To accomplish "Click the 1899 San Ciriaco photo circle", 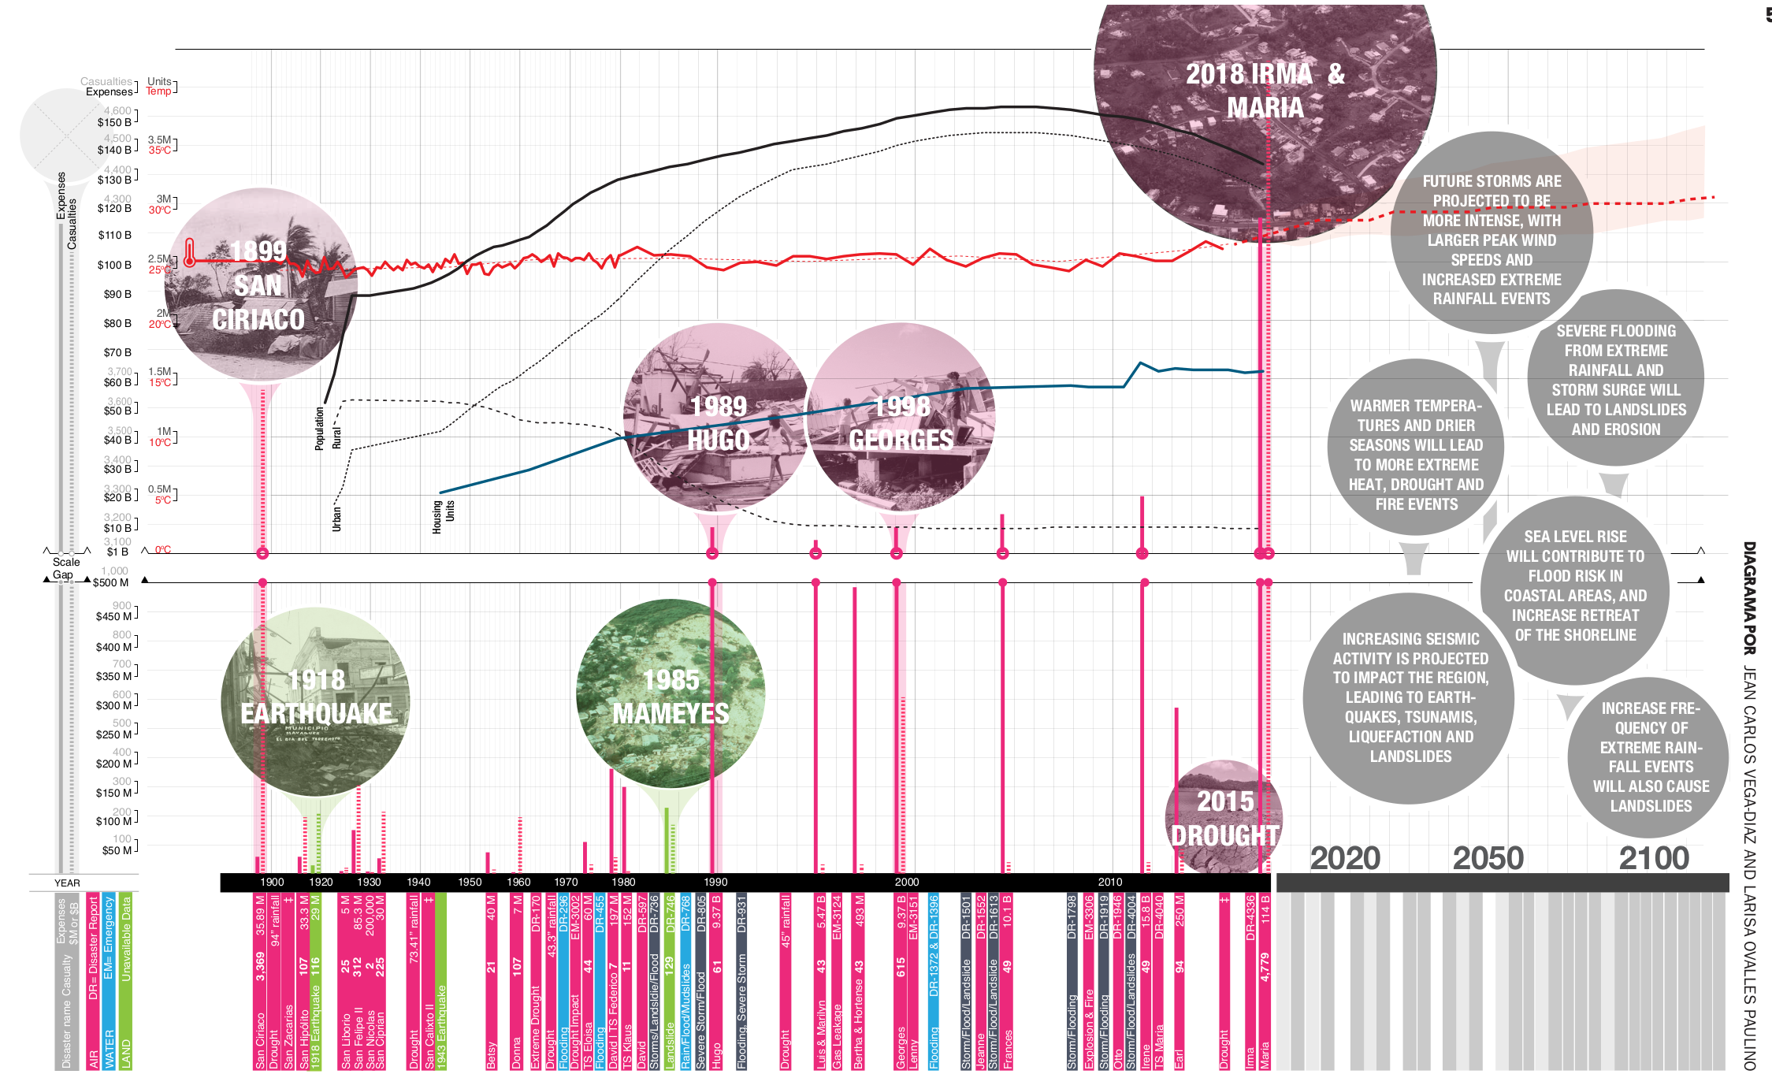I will coord(260,284).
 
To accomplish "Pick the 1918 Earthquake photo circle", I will coord(315,701).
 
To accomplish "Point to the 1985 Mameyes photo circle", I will coord(671,693).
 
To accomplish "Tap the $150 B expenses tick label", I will coord(114,122).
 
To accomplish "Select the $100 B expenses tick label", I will coord(114,265).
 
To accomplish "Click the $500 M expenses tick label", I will coord(110,583).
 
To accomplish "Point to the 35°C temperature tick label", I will coord(160,151).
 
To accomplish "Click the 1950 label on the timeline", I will coord(470,883).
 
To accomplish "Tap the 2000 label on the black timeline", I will coord(907,883).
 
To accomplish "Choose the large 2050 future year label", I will coord(1488,858).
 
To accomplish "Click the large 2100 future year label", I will coord(1654,858).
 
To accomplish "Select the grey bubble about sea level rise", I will coord(1574,586).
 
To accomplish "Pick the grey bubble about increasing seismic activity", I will coord(1410,697).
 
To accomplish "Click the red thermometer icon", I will coord(189,253).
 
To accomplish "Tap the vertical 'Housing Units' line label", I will coord(443,516).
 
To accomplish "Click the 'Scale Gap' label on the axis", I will coord(66,568).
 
